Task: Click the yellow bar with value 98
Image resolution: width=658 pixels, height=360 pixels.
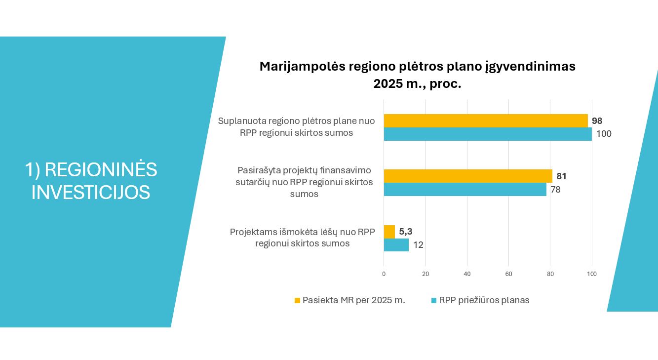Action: click(486, 121)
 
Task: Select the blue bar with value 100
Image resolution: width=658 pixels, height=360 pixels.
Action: click(488, 134)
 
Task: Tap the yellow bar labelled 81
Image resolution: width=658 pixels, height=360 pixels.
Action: click(468, 176)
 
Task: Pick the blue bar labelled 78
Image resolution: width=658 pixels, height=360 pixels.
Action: click(465, 189)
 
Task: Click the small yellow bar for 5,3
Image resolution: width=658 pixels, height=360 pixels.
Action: click(389, 232)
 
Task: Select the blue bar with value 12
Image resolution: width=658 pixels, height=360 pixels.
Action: click(396, 245)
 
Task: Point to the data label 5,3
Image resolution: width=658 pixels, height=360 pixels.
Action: click(406, 232)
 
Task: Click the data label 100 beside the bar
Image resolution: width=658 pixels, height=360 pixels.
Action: click(604, 134)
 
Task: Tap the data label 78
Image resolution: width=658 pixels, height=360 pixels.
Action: click(555, 190)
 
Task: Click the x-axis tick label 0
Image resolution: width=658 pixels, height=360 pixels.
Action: click(384, 274)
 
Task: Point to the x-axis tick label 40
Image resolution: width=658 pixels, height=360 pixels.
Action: click(467, 274)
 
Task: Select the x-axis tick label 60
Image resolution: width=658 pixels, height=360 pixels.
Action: click(509, 274)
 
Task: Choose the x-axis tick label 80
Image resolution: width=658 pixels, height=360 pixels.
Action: click(550, 274)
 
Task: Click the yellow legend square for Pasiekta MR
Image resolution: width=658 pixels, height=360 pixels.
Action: click(297, 300)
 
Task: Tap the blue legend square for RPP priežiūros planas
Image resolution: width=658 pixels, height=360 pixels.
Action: click(434, 300)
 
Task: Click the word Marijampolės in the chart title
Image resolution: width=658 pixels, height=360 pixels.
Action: click(303, 67)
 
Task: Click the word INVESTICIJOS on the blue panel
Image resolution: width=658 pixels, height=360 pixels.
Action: click(91, 193)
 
